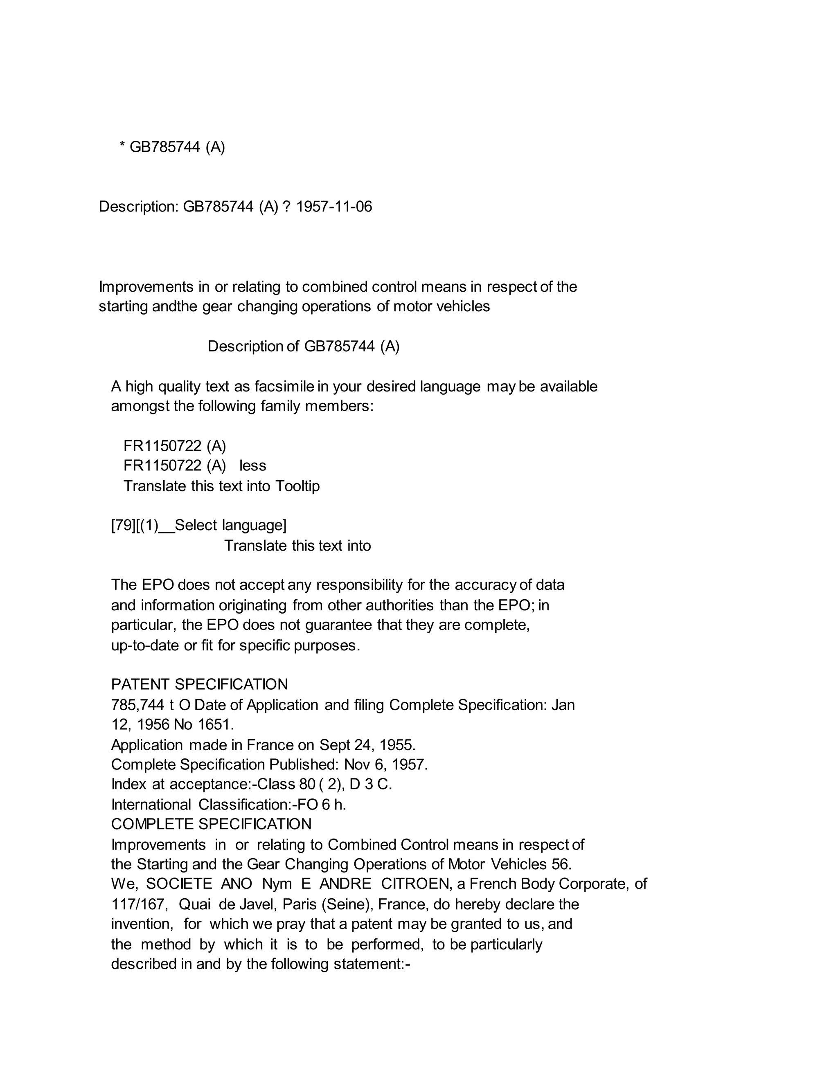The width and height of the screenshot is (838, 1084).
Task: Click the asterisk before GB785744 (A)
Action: (122, 147)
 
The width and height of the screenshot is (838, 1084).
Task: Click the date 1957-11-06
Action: (333, 207)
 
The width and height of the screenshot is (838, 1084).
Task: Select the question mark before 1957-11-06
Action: (286, 207)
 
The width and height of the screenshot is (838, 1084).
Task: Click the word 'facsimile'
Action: (284, 386)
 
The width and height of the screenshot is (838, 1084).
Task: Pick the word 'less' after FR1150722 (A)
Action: (253, 466)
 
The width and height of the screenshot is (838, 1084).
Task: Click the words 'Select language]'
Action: (230, 525)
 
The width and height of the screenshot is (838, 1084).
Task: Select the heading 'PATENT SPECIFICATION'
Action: (200, 684)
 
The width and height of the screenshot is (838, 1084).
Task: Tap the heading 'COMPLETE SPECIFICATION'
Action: (212, 824)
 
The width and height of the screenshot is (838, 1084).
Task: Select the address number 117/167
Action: (137, 904)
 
